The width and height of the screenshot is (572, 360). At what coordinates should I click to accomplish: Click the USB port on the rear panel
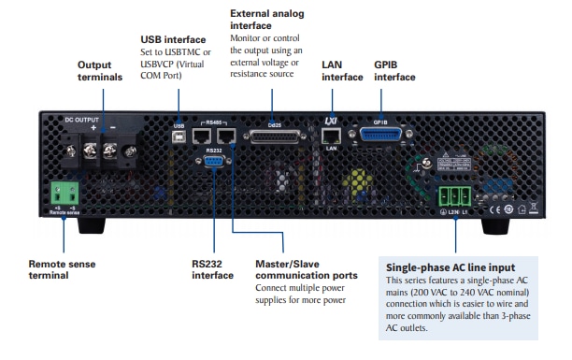[x=179, y=135]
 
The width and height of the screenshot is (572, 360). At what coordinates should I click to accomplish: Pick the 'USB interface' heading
[x=173, y=40]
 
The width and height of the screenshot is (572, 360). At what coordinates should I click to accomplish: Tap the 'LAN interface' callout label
[x=341, y=71]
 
